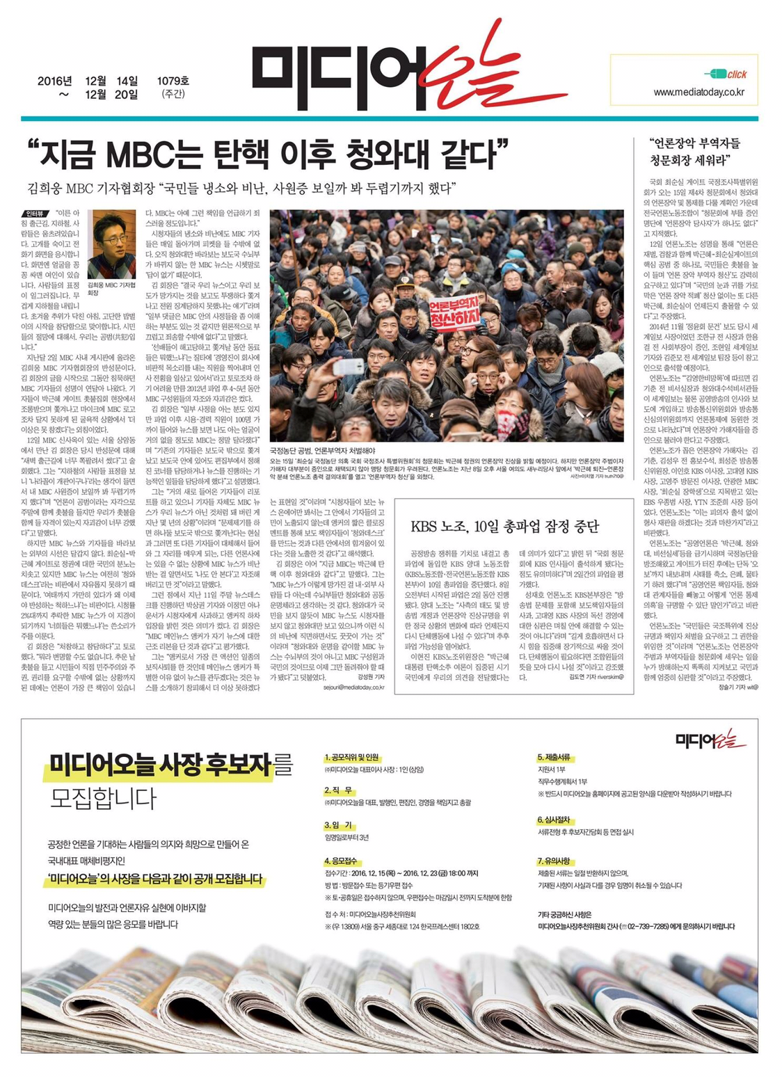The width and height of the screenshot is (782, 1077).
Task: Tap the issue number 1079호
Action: (x=173, y=81)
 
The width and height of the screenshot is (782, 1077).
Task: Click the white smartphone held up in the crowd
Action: (x=348, y=367)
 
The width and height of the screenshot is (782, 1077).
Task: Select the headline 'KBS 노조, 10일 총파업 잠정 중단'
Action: (x=504, y=525)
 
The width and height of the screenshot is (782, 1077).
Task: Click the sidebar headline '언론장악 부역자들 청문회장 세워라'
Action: (x=694, y=152)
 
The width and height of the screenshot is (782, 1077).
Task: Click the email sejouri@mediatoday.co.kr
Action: (x=353, y=687)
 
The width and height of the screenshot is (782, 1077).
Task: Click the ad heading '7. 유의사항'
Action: (x=554, y=861)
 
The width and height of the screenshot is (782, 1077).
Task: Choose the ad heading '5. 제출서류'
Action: (x=554, y=757)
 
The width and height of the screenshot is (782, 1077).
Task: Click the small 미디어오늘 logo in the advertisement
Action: (x=710, y=739)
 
